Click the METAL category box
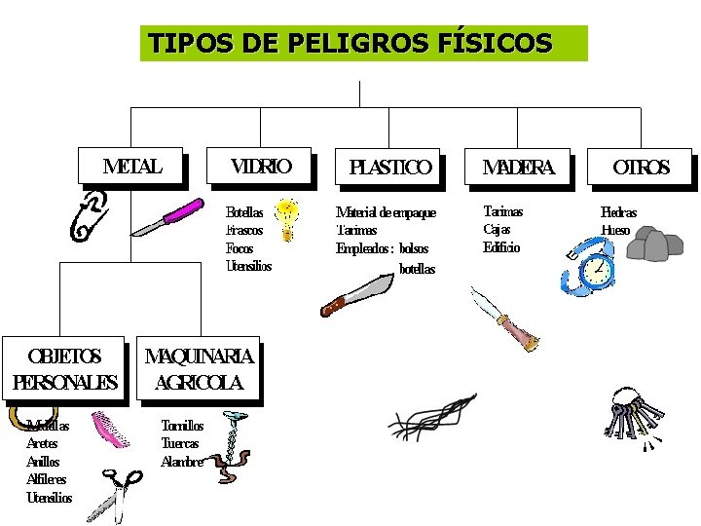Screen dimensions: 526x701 click(x=131, y=166)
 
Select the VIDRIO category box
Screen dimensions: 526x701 click(x=260, y=166)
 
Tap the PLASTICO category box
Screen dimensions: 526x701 click(x=388, y=168)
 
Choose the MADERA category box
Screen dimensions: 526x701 click(x=518, y=168)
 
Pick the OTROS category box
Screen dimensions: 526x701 click(x=641, y=168)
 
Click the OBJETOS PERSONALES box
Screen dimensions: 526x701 click(x=64, y=369)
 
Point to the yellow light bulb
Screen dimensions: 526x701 click(x=286, y=219)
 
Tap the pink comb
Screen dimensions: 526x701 click(x=110, y=430)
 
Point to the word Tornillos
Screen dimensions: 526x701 click(x=182, y=426)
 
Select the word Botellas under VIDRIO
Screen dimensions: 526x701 click(x=244, y=212)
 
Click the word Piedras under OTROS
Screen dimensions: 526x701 click(x=618, y=212)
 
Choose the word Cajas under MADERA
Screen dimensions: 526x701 click(x=497, y=230)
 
